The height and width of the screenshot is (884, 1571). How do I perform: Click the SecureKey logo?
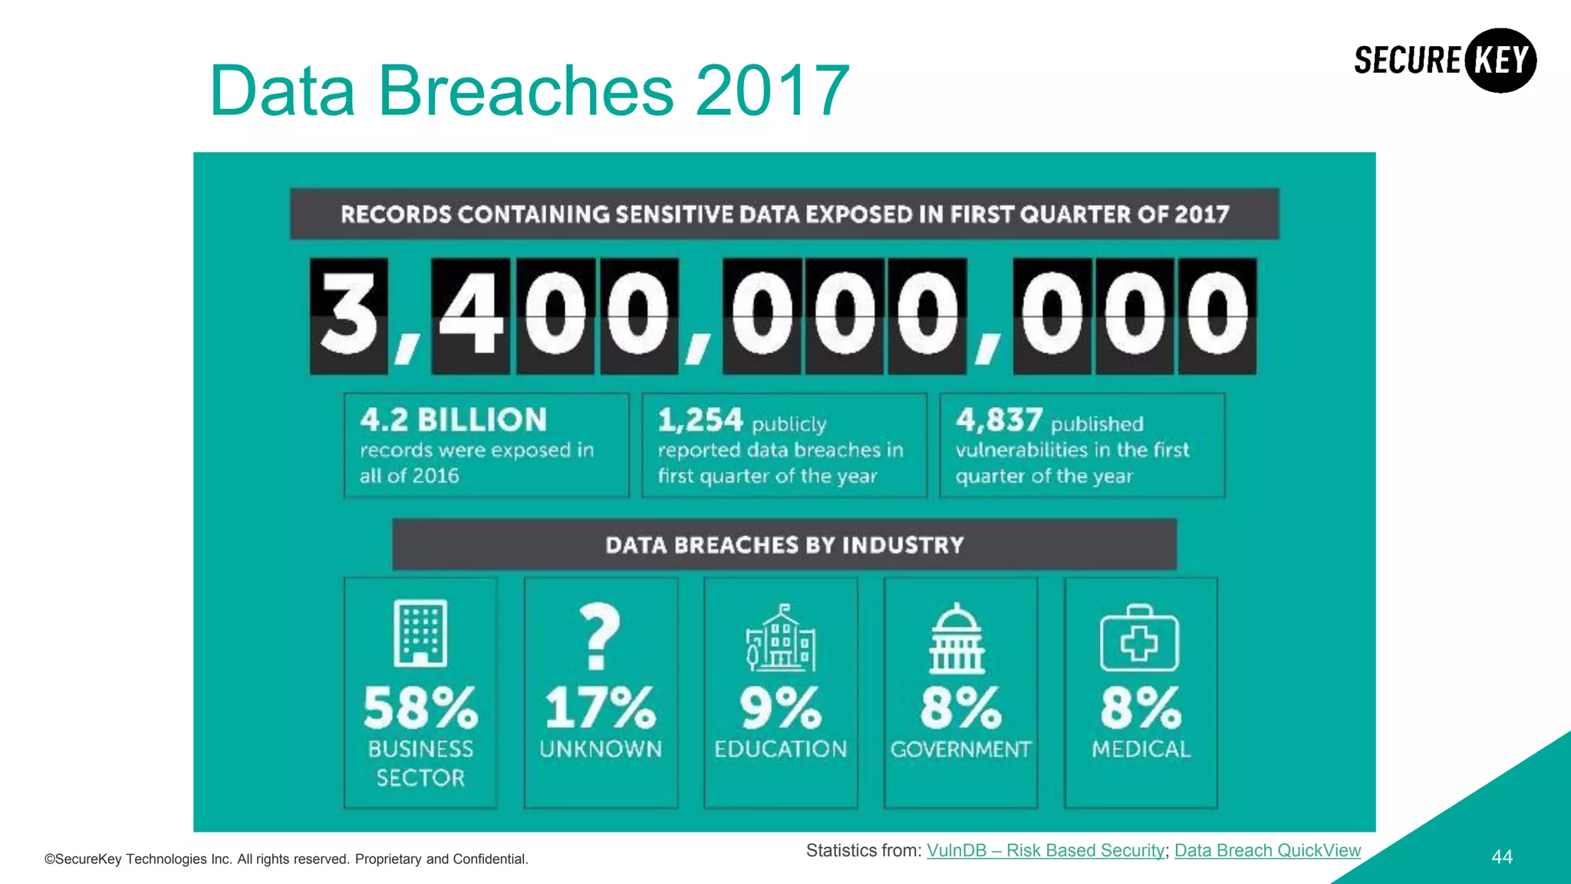point(1444,61)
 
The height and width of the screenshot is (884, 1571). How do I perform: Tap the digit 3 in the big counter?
point(349,315)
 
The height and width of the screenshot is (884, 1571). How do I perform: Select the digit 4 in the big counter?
point(470,315)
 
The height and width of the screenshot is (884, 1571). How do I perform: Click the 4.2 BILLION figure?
point(453,420)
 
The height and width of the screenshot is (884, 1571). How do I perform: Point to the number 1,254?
point(700,420)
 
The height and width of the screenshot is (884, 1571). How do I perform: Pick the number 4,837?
point(999,420)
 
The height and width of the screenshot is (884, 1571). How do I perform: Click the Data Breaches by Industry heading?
point(784,545)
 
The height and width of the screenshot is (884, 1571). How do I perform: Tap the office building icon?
point(420,633)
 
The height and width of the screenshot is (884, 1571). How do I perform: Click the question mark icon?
point(600,635)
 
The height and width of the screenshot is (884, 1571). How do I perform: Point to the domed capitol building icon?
point(957,638)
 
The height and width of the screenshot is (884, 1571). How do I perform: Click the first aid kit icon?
point(1139,638)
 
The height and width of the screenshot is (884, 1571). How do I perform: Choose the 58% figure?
point(420,708)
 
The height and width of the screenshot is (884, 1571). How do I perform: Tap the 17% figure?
point(601,708)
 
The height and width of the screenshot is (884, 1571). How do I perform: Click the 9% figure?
point(781,708)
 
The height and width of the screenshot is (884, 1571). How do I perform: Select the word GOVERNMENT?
point(960,749)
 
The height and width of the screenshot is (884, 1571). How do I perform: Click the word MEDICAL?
point(1141,749)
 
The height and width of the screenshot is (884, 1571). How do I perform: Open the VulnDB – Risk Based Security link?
point(1046,850)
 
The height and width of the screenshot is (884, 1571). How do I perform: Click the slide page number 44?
point(1501,857)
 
